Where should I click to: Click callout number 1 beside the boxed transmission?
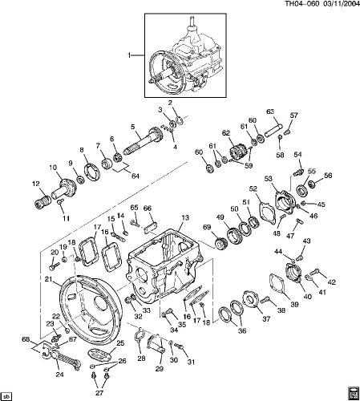tap(129, 55)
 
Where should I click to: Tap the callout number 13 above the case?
tap(185, 218)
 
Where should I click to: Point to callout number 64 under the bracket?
tap(136, 176)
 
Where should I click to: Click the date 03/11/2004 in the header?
tap(340, 4)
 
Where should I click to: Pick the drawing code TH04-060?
tap(302, 4)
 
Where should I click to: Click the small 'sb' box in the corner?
tap(6, 395)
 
